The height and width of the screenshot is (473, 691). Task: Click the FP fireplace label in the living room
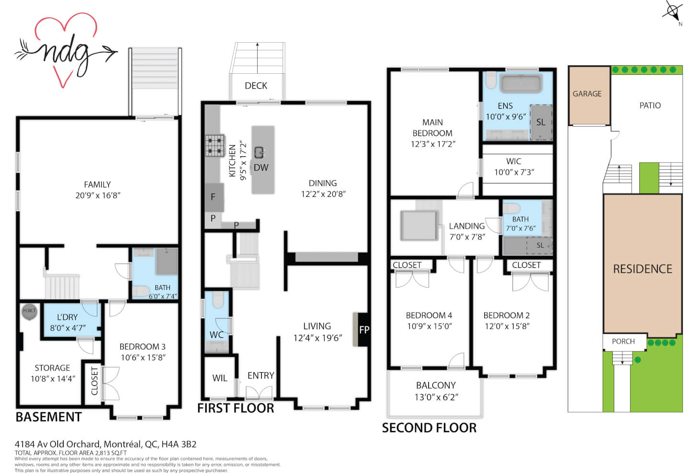364,330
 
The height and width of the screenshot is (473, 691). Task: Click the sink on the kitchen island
259,152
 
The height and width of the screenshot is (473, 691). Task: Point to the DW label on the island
261,168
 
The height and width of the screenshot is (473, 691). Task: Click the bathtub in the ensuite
521,83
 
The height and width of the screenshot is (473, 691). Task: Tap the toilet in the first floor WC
218,300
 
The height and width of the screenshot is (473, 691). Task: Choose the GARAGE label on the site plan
587,93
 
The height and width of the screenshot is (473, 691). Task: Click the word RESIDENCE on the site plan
643,269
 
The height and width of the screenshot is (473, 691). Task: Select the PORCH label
623,341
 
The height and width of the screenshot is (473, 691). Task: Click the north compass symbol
673,12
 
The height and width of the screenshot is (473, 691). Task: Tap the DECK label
256,86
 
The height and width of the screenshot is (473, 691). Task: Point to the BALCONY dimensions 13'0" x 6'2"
436,397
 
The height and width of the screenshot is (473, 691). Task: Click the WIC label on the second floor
513,161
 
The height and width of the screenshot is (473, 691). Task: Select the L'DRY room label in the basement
67,317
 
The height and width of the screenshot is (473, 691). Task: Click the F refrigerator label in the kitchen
213,197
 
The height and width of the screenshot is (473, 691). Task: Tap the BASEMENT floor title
49,417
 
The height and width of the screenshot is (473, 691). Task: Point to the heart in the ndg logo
66,49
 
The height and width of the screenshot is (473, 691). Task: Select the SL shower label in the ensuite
541,122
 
